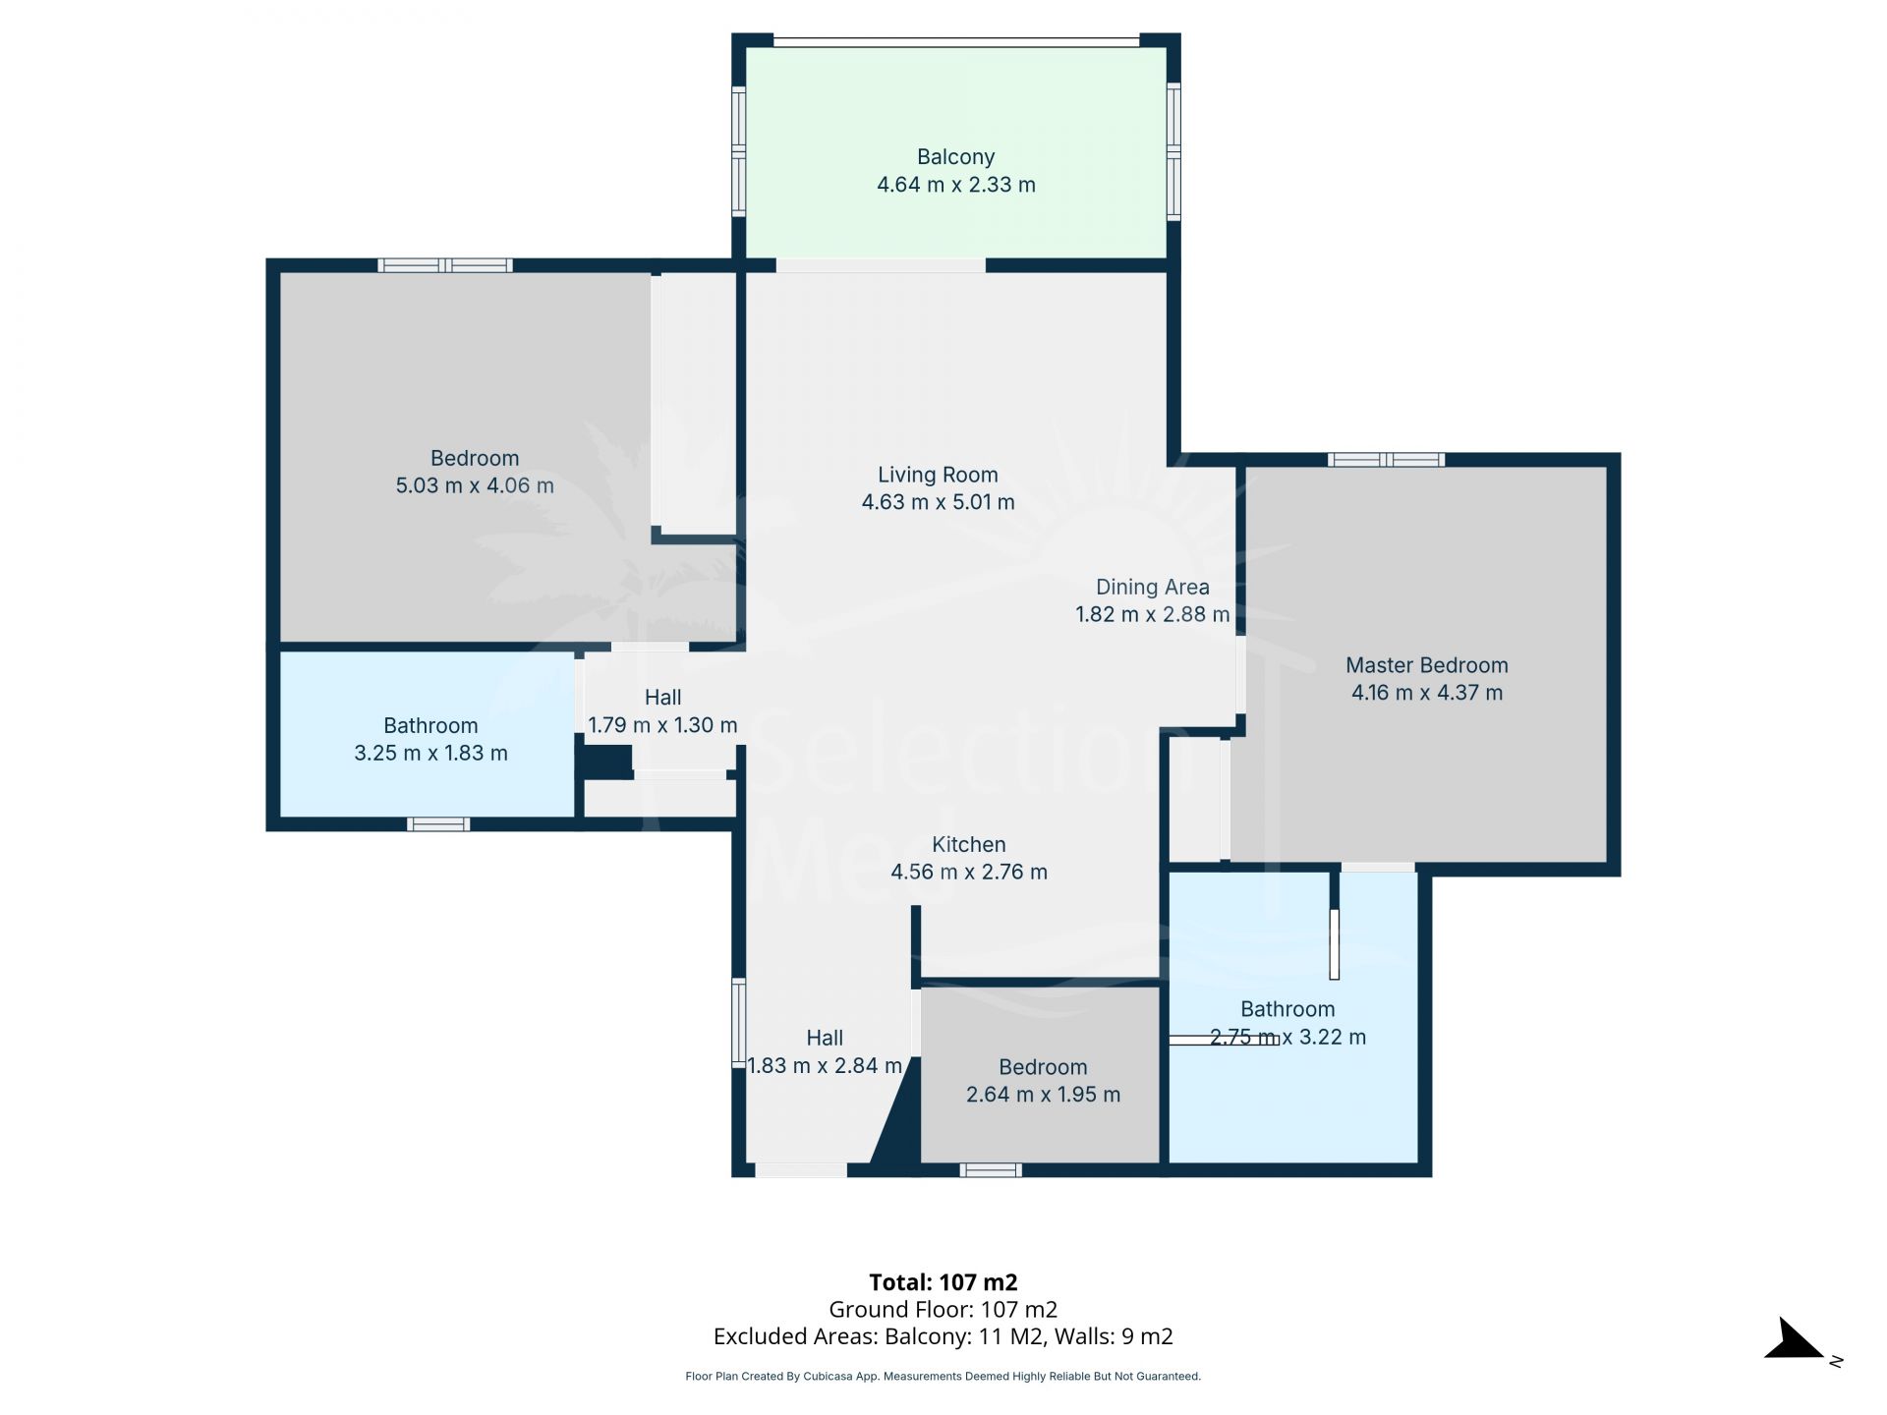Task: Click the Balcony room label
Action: point(955,157)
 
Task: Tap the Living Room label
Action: point(938,475)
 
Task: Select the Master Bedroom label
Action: point(1426,665)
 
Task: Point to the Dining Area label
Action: point(1152,588)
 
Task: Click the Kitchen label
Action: point(968,844)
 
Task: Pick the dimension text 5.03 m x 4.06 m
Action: point(475,485)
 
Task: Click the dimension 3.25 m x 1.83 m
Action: point(430,753)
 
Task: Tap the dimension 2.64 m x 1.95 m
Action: point(1043,1095)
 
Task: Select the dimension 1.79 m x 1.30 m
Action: point(662,725)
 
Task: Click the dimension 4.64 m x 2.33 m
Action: point(955,185)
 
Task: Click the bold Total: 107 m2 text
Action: point(943,1282)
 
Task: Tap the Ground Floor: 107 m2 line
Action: point(943,1310)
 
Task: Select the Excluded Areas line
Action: point(943,1336)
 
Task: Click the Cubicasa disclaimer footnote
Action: point(943,1377)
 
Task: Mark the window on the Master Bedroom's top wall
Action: point(1386,459)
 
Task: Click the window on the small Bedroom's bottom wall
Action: point(991,1169)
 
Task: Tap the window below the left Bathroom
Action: point(438,824)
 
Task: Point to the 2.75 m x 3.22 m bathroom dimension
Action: point(1287,1037)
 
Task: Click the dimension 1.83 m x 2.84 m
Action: point(825,1065)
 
